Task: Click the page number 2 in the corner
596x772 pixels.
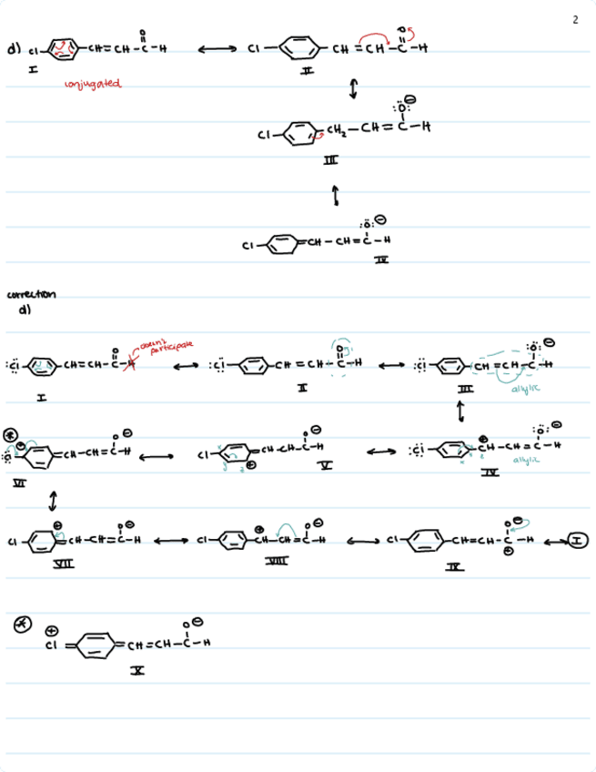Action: [x=575, y=19]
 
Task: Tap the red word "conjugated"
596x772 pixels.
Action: [x=92, y=85]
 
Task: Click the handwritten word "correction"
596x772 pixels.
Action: [x=31, y=294]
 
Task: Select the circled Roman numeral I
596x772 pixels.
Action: [x=579, y=541]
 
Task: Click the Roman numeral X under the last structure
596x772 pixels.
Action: [x=136, y=670]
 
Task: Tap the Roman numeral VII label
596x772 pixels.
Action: [x=64, y=564]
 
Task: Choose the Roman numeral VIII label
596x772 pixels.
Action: [x=276, y=564]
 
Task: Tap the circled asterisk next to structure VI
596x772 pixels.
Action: [x=11, y=433]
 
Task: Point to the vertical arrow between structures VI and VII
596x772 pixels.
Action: [x=54, y=500]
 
